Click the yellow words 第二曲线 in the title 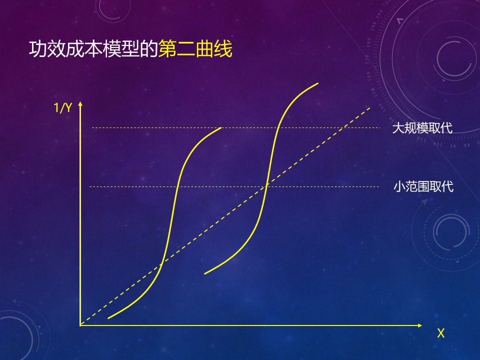[195, 49]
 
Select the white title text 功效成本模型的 [93, 49]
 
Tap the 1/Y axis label [63, 108]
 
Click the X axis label [441, 333]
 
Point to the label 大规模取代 [422, 128]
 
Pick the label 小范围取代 [423, 186]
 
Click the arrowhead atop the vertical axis [80, 104]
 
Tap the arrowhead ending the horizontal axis [420, 325]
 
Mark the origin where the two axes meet [80, 325]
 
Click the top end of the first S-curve [220, 128]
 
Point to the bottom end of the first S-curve [108, 318]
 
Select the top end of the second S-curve [318, 83]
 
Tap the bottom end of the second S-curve [205, 273]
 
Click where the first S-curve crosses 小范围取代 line [177, 186]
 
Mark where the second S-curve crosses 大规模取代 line [278, 127]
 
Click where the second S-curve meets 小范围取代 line [266, 186]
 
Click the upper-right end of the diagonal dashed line [370, 108]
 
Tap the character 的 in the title [149, 49]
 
